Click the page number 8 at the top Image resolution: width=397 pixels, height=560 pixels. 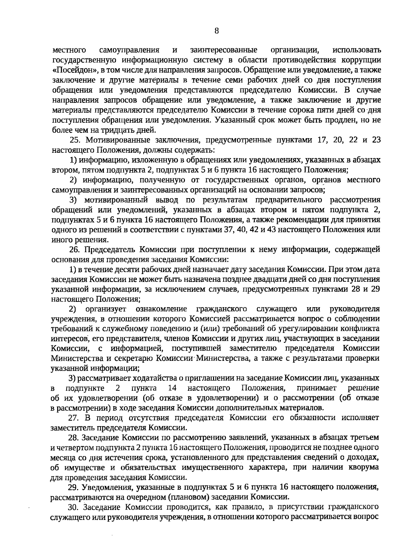click(x=217, y=31)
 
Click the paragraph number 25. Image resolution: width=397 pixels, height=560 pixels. click(x=76, y=140)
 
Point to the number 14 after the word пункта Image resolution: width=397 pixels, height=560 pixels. click(x=172, y=388)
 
